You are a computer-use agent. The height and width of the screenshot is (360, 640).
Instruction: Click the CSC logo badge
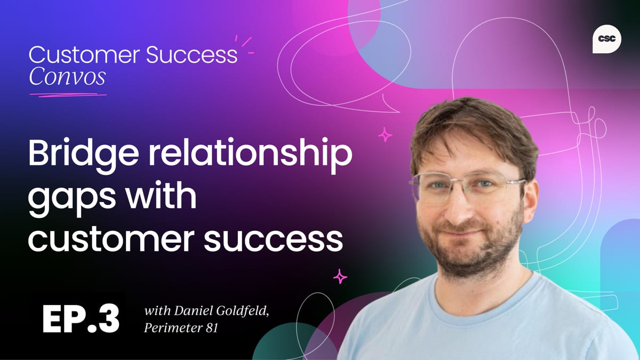(x=606, y=39)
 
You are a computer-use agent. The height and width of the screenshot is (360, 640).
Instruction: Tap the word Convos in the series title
(x=67, y=77)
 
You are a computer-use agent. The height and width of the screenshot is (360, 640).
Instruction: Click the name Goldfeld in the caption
(x=243, y=311)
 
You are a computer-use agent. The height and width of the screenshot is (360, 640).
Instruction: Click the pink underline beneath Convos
(x=68, y=94)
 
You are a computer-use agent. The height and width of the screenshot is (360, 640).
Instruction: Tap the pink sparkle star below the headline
(x=340, y=276)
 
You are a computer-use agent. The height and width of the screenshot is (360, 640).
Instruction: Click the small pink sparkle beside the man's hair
(x=385, y=134)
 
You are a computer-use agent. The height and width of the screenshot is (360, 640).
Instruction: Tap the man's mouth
(x=464, y=230)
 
